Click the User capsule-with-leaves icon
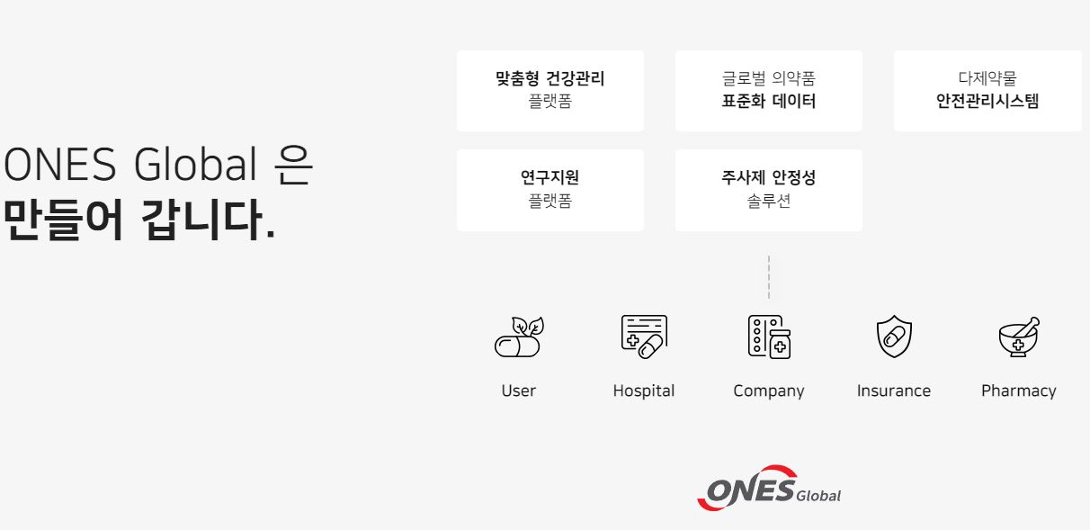[x=519, y=337]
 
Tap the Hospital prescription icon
[x=644, y=337]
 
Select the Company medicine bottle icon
[x=769, y=337]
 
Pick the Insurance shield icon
[x=894, y=336]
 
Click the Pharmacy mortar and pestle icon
[x=1019, y=337]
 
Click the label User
[x=519, y=391]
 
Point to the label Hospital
[x=644, y=391]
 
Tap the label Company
[x=769, y=391]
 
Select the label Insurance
[x=894, y=391]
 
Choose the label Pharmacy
[x=1019, y=391]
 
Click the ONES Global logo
[x=769, y=488]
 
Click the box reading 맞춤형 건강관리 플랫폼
[x=550, y=91]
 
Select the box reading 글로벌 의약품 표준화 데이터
[x=769, y=91]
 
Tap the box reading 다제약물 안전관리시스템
[x=987, y=91]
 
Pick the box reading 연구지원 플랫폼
[x=550, y=190]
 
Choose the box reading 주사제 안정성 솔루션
[x=769, y=190]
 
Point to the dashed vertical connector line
[x=769, y=277]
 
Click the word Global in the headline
[x=195, y=164]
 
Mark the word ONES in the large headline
[x=60, y=164]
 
